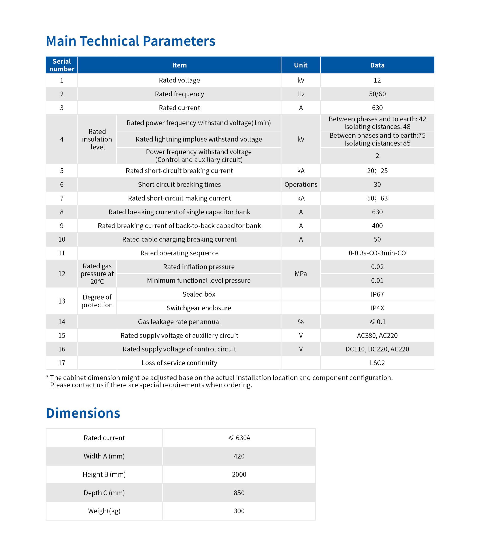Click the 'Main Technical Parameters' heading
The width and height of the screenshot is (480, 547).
[x=130, y=41]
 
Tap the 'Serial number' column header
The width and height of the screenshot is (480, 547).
[x=62, y=65]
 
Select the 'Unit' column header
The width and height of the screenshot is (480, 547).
[x=301, y=65]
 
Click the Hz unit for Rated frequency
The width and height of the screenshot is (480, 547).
[x=301, y=94]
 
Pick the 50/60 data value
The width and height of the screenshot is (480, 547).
[x=377, y=94]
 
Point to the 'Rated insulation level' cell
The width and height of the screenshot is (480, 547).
[x=97, y=139]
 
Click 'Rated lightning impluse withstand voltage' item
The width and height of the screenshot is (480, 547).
[x=199, y=139]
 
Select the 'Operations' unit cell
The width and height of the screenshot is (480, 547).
[x=301, y=184]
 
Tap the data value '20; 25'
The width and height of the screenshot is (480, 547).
[x=377, y=171]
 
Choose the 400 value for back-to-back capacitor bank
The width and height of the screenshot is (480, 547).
[x=377, y=226]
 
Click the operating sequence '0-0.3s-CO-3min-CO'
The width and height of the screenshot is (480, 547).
[x=377, y=253]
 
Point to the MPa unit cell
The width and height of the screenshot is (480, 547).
[x=301, y=273]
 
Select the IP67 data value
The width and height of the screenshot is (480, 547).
[x=377, y=294]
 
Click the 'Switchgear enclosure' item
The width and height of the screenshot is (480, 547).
[x=199, y=308]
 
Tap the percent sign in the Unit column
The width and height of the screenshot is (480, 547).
[x=301, y=321]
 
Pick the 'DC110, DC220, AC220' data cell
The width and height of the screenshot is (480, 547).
[x=377, y=349]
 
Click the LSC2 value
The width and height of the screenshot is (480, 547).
[x=377, y=363]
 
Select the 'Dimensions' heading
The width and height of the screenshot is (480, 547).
[x=83, y=413]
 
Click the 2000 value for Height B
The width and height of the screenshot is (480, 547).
[x=239, y=474]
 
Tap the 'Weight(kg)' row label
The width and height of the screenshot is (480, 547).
[x=104, y=511]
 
